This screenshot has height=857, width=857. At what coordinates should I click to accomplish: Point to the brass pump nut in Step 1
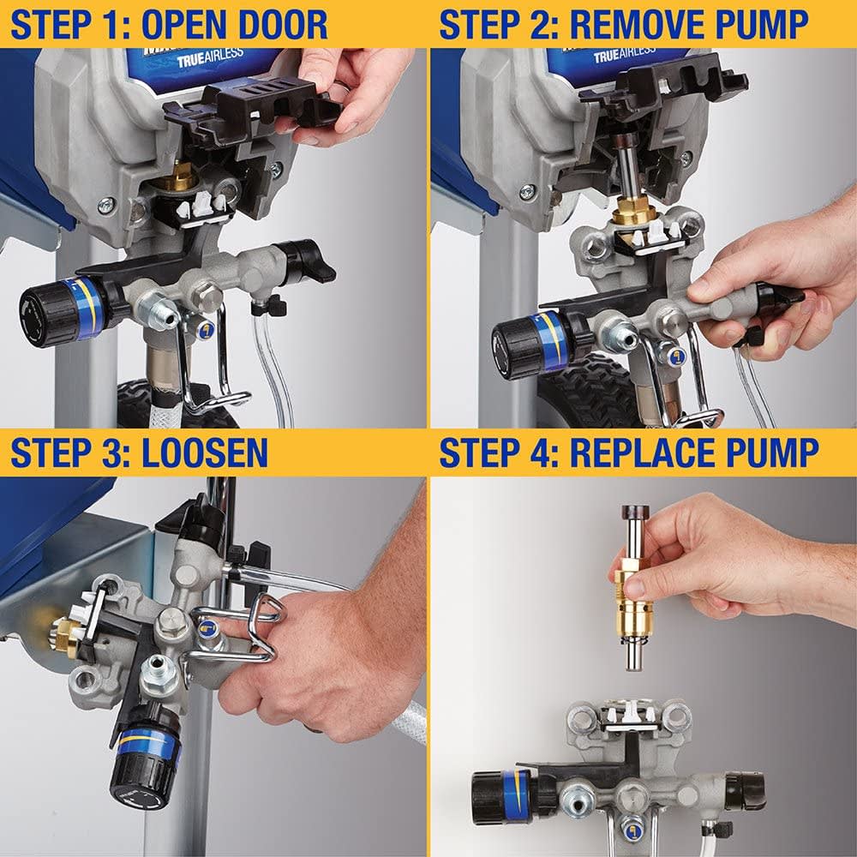click(x=182, y=178)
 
